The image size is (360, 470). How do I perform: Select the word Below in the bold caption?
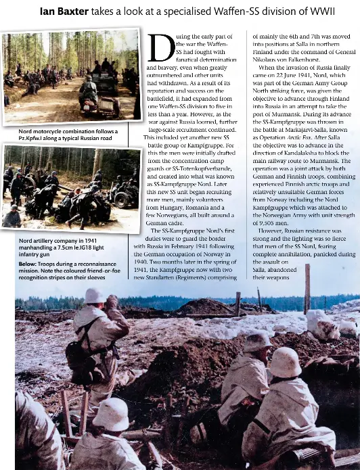pyautogui.click(x=28, y=264)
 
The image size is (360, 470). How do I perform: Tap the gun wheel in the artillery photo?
pyautogui.click(x=122, y=200)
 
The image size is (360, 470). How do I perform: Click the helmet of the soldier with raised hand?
pyautogui.click(x=94, y=296)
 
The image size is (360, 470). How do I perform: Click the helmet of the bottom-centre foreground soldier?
pyautogui.click(x=111, y=414)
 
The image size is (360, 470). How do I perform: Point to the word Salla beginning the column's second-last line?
pyautogui.click(x=260, y=269)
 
